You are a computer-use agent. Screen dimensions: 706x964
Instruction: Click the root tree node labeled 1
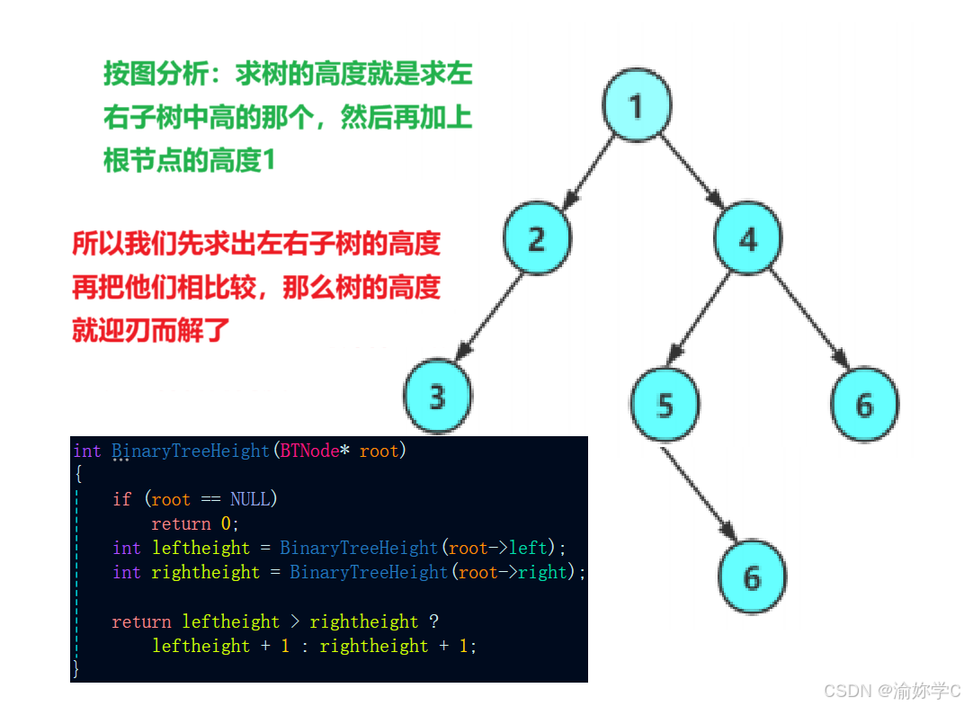point(637,106)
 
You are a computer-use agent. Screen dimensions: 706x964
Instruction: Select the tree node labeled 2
point(537,238)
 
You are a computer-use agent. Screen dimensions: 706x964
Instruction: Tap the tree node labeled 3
point(437,396)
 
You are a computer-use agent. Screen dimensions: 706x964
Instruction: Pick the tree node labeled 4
point(748,238)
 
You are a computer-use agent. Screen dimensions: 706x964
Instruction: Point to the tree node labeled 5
point(665,405)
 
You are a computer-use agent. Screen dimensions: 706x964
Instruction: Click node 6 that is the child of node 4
point(864,405)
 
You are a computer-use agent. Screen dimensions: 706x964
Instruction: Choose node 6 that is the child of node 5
point(752,577)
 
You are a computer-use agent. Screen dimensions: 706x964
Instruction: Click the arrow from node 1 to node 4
point(692,171)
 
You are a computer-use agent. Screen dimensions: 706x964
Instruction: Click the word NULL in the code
point(250,499)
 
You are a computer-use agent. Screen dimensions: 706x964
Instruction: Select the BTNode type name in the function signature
point(308,451)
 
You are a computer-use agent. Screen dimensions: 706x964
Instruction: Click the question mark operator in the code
point(433,621)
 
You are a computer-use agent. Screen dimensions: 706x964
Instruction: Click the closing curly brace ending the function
point(76,669)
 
